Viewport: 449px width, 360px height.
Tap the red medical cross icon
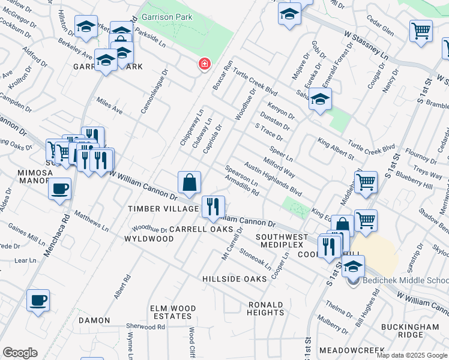[205, 64]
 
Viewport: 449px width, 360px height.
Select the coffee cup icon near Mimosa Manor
[59, 190]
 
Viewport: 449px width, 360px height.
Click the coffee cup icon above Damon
[38, 301]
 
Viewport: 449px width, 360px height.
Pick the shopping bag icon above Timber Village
[189, 183]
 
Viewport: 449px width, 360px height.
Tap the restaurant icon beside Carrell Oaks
[213, 208]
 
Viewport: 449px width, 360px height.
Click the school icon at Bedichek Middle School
[353, 266]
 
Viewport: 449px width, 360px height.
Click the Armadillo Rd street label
[241, 184]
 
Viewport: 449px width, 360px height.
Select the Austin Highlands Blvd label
[273, 179]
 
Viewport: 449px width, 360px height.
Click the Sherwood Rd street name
[145, 327]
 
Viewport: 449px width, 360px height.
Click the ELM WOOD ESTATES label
[173, 312]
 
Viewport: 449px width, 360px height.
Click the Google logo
[20, 353]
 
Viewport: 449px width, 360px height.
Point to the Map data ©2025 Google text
[411, 355]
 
